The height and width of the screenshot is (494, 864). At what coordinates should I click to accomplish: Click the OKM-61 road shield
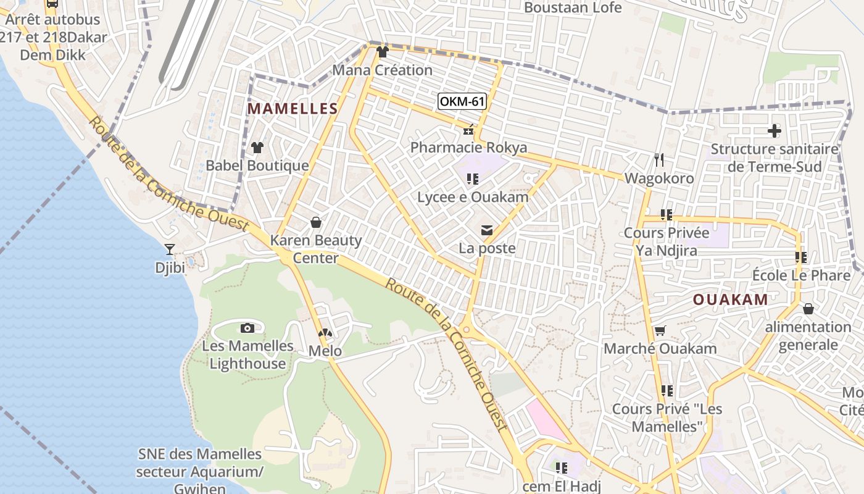(461, 101)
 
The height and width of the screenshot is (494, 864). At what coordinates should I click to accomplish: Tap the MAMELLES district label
(293, 109)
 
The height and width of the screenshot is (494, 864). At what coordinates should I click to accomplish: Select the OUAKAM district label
(730, 299)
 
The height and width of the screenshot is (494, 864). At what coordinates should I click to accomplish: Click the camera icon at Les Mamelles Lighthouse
(247, 328)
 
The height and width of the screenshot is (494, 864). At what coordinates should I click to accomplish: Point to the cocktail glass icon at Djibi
(170, 249)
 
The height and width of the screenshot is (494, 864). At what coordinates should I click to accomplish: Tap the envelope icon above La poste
(487, 231)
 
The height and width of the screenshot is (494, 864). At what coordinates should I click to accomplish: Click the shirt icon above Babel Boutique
(257, 148)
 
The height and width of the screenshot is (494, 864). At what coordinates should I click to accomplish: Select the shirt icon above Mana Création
(382, 52)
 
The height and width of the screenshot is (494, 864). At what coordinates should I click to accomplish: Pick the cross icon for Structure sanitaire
(775, 131)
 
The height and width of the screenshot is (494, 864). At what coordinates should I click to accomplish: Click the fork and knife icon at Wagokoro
(659, 161)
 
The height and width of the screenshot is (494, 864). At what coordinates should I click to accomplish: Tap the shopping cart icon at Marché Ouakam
(660, 331)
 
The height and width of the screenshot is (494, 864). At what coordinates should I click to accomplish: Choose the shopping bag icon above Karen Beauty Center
(316, 222)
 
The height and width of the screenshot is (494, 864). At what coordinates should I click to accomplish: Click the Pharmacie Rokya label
(468, 148)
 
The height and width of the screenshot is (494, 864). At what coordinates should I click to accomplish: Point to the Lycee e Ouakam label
(473, 197)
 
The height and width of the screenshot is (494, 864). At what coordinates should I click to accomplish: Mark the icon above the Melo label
(325, 333)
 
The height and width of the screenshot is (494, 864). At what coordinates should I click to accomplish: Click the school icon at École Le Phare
(800, 257)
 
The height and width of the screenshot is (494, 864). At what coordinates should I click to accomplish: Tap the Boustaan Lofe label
(573, 7)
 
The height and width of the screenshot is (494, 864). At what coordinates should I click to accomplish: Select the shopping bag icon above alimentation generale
(808, 309)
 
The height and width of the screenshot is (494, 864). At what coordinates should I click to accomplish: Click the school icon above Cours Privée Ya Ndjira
(666, 215)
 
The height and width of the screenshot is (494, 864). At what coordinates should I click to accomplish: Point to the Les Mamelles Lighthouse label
(247, 354)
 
